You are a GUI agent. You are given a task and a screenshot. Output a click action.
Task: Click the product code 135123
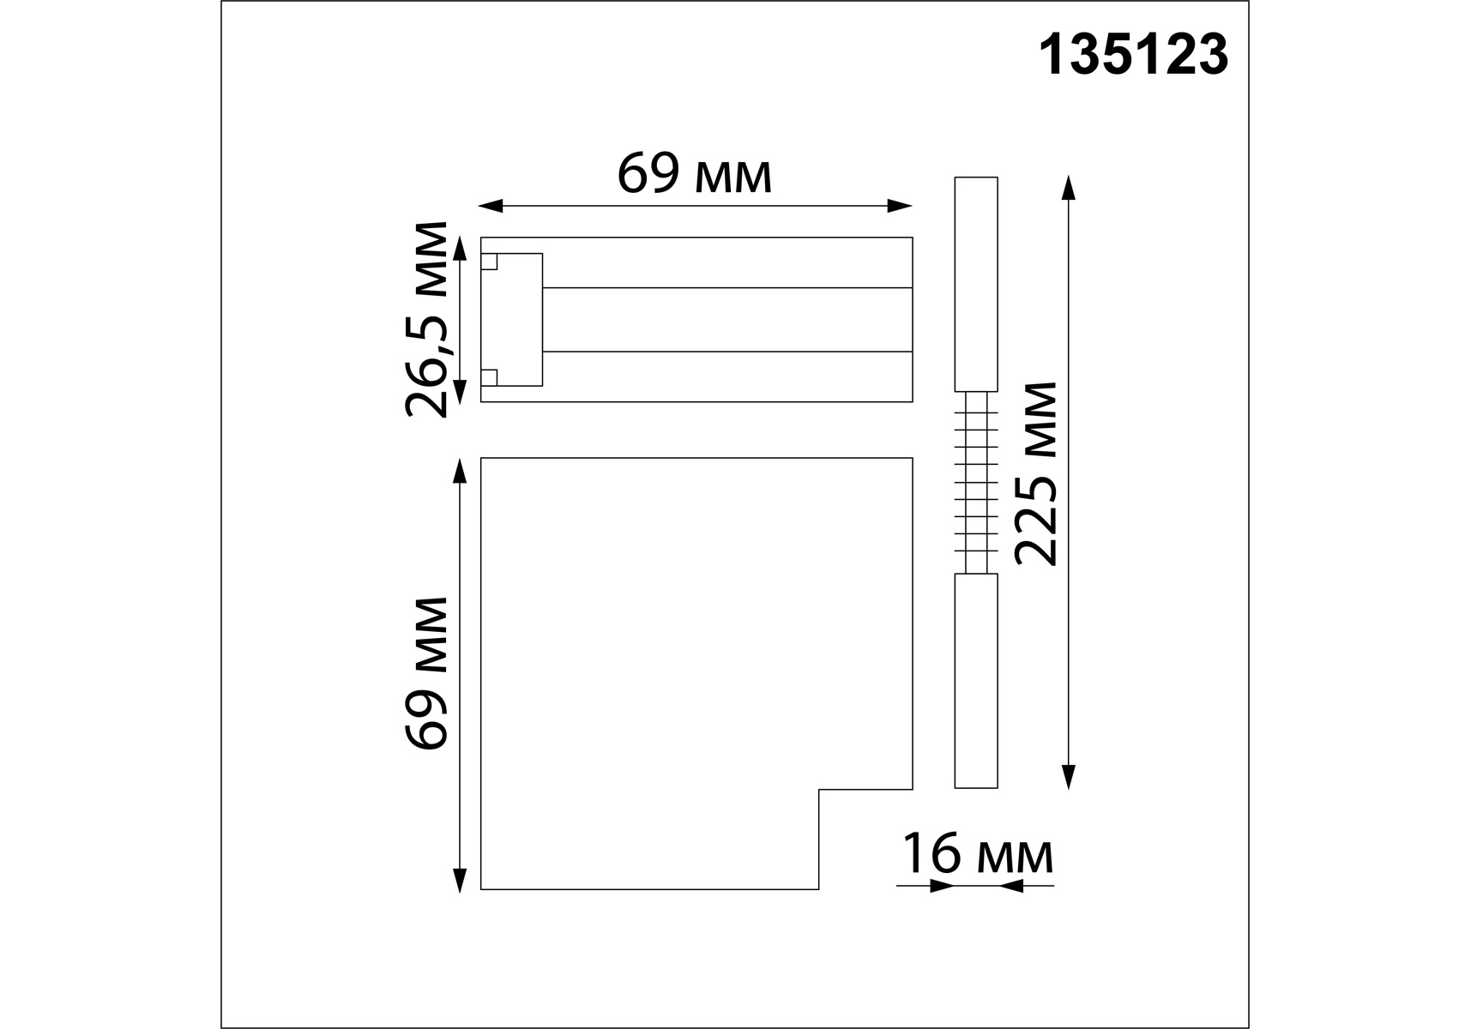pos(1133,56)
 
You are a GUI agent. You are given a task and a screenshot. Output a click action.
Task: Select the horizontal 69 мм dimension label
pos(695,175)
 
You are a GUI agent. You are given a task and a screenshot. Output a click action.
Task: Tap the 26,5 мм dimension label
pos(426,319)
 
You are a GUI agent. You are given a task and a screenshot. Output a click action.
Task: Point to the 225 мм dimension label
pos(1035,473)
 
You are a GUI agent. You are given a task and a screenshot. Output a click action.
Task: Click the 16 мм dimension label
pos(977,855)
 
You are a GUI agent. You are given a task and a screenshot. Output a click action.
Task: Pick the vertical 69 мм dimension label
pos(426,674)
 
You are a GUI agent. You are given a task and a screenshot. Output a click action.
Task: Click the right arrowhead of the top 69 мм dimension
pos(900,206)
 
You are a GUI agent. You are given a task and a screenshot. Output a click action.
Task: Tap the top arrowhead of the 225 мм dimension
pos(1068,188)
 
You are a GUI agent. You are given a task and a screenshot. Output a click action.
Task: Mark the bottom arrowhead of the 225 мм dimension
pos(1068,776)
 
